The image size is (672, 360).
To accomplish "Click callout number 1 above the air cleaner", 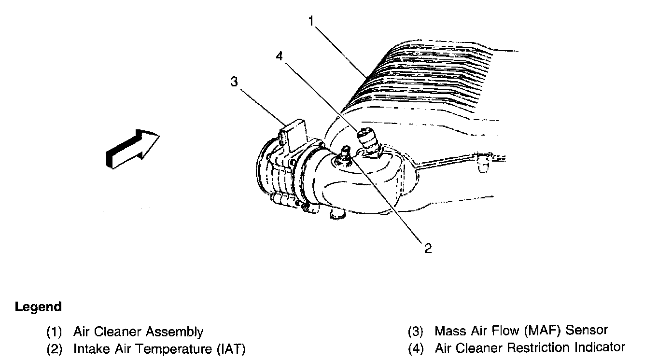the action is click(312, 21).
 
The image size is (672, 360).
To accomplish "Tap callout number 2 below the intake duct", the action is click(428, 248).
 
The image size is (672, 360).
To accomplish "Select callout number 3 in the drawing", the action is click(234, 82).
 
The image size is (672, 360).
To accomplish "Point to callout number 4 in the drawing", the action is click(279, 56).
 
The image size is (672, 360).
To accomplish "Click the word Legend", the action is click(39, 307).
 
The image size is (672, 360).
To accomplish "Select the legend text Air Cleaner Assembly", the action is click(138, 332).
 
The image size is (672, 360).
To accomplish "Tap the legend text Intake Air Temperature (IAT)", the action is click(160, 349).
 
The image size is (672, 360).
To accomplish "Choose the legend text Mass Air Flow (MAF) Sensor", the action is click(521, 331).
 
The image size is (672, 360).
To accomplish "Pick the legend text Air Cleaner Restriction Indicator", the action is click(530, 347).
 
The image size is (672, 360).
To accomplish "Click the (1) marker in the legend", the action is click(55, 332).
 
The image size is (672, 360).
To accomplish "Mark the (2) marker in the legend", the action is click(55, 349).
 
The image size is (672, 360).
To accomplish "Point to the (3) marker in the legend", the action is click(415, 331).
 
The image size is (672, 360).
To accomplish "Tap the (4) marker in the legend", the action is click(415, 348).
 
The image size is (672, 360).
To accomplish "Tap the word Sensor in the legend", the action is click(587, 331).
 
